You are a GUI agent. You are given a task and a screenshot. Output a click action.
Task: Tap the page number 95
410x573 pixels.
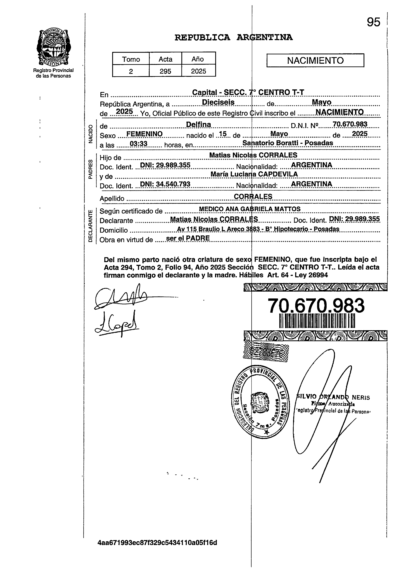[373, 22]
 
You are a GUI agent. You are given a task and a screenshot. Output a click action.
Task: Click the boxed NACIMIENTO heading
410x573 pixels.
[315, 60]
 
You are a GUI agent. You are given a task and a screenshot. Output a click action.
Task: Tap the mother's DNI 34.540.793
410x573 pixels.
[165, 184]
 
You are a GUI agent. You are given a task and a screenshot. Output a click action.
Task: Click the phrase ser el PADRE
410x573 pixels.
[188, 238]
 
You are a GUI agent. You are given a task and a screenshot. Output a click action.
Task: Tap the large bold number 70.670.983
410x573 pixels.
[316, 305]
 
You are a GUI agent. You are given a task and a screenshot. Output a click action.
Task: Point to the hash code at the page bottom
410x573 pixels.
[157, 543]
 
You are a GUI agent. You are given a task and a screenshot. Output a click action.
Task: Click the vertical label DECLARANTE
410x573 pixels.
[90, 226]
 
